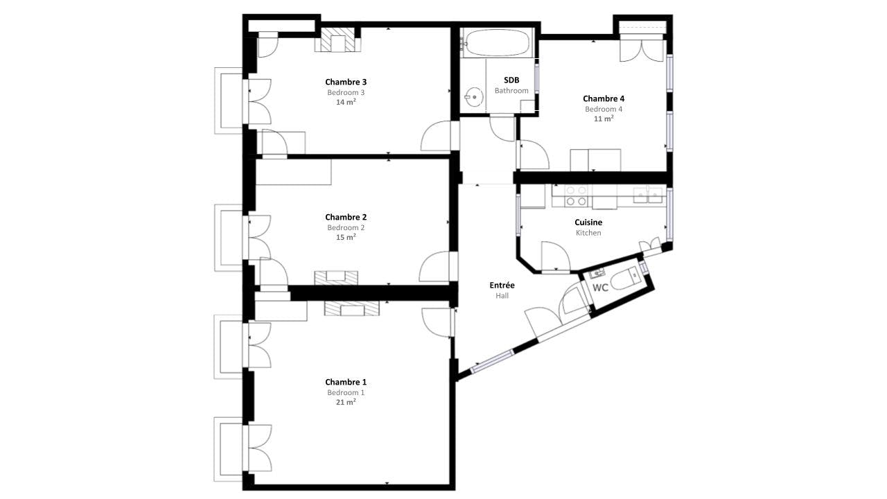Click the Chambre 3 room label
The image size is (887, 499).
click(345, 82)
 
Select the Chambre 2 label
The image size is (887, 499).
click(345, 217)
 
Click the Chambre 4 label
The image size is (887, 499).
click(603, 98)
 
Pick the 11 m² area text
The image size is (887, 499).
click(603, 119)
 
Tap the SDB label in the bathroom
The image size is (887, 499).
click(511, 80)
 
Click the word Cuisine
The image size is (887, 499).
click(588, 222)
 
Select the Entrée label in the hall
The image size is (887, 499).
click(502, 285)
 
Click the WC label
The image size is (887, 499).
click(600, 288)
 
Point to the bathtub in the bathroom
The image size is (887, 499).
click(497, 43)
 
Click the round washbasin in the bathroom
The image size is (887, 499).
click(474, 96)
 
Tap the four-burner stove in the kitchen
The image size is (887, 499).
click(577, 195)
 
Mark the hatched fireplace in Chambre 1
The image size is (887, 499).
click(352, 308)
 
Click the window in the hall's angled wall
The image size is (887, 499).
click(492, 362)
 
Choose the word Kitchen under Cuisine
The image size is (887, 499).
click(588, 233)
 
